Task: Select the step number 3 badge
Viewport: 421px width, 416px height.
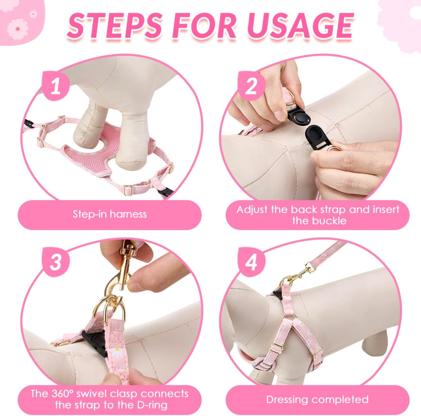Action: (x=56, y=262)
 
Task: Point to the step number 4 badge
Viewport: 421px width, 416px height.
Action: (x=251, y=262)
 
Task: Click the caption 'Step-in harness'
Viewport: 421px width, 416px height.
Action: (x=110, y=214)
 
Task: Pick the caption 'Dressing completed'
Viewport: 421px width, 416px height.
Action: (x=317, y=399)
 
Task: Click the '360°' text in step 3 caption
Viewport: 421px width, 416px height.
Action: (x=62, y=394)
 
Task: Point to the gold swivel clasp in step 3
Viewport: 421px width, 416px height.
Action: (x=118, y=281)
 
